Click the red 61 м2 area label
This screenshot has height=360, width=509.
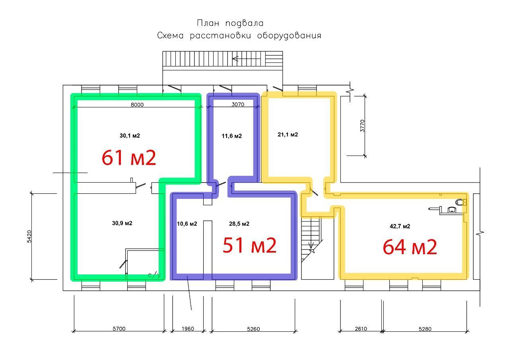coord(129,158)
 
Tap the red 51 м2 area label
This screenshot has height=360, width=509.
coord(249,245)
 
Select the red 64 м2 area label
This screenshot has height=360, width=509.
coord(410,247)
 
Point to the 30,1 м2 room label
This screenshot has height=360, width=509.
coord(130,136)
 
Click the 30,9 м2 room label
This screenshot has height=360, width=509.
coord(122,223)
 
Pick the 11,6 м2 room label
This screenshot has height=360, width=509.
coord(232,136)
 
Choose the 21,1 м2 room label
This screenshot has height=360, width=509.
coord(288,134)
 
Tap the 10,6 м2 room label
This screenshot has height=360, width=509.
coord(187,224)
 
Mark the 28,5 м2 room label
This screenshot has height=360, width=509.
coord(239,224)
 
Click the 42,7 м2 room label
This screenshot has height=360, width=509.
coord(400,226)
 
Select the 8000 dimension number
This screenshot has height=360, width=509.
coord(137,105)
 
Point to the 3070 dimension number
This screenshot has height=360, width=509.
coord(238,105)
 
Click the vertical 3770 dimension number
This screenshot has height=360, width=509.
coord(362,126)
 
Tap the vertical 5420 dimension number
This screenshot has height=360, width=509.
coord(29,237)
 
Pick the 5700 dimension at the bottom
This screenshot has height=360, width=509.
coord(119,329)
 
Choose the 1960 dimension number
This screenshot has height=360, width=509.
coord(188,329)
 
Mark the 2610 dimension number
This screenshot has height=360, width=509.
coord(361,329)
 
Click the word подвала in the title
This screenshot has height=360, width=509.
coord(245,23)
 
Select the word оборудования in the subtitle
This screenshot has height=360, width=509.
coord(289,36)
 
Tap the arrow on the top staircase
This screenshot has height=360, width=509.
coord(246,59)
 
